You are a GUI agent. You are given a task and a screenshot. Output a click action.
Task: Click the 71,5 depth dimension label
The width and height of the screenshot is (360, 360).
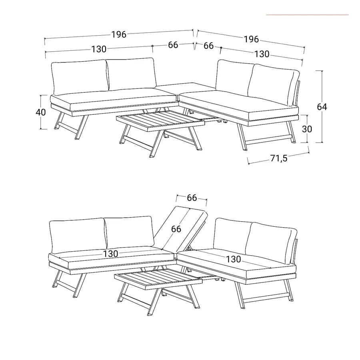(278, 158)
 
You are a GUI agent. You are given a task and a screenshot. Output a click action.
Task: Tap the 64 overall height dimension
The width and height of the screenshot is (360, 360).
(322, 107)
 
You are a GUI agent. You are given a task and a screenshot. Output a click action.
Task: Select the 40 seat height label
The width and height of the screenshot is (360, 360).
(41, 112)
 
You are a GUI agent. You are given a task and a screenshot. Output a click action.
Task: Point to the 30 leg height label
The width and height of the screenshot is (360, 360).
(307, 129)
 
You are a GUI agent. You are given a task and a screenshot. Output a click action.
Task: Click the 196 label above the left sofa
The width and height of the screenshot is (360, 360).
(119, 34)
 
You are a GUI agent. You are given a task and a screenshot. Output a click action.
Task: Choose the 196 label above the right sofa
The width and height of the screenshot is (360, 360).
(251, 39)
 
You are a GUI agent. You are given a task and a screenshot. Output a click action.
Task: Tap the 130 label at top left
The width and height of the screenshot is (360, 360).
(99, 49)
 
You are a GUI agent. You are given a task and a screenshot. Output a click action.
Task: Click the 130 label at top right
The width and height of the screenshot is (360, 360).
(262, 54)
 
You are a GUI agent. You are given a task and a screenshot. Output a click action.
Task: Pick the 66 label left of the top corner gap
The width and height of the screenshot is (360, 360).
(173, 45)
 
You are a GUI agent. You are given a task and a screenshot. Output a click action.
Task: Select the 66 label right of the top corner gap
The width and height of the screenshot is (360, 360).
(208, 46)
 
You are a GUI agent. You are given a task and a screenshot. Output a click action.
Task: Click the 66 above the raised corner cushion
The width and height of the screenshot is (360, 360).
(192, 198)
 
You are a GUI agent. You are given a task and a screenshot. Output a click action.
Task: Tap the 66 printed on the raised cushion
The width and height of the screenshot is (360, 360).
(176, 229)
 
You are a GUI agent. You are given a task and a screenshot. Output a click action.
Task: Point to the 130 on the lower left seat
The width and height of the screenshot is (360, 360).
(110, 254)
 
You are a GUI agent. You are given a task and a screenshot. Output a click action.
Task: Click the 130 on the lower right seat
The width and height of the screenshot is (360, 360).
(234, 259)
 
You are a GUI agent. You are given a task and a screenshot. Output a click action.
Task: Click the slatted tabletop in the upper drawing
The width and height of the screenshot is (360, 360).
(160, 118)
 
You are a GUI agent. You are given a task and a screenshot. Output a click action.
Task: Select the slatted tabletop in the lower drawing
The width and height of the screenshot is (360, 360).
(158, 278)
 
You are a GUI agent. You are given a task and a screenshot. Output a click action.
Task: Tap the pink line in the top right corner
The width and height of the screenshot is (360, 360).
(308, 15)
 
